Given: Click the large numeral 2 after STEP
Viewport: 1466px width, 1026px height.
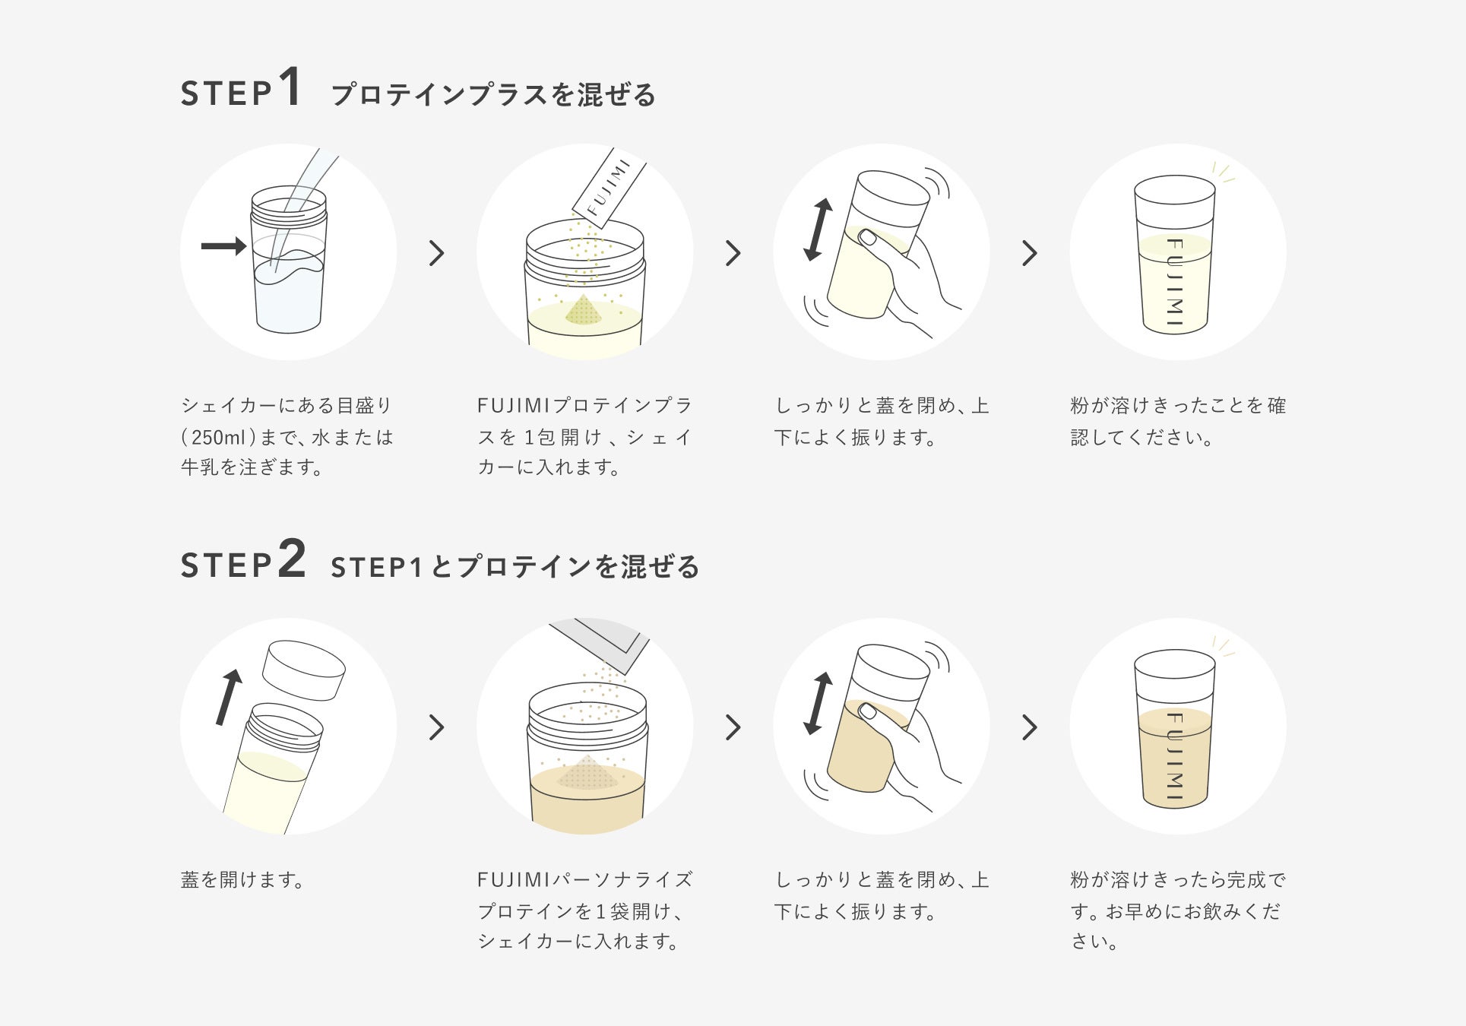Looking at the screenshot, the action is [x=292, y=559].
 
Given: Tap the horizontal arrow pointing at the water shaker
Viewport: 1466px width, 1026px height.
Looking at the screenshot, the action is [x=224, y=245].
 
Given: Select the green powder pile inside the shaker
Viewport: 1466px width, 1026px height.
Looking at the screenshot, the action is [x=583, y=309].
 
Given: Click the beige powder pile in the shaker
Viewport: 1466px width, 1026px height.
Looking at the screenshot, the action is [x=587, y=772].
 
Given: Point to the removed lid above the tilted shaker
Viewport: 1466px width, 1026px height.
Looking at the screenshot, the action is [x=303, y=670].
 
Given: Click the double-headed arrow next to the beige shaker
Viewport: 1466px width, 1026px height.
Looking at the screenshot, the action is [x=818, y=703].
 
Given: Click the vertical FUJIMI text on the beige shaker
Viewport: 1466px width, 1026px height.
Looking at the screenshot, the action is [x=1174, y=756].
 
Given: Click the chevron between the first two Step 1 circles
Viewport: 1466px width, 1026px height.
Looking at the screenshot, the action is [x=436, y=253].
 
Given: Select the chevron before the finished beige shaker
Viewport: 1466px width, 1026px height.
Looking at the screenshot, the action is [x=1030, y=727].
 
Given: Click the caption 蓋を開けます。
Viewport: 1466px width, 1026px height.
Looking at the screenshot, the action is [x=243, y=879].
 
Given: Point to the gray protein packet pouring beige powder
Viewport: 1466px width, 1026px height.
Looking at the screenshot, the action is [x=600, y=644].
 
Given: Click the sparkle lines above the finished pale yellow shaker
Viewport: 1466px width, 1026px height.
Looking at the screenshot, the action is [x=1223, y=173].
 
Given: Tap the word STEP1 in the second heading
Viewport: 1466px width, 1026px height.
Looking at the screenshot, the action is [x=376, y=567].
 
